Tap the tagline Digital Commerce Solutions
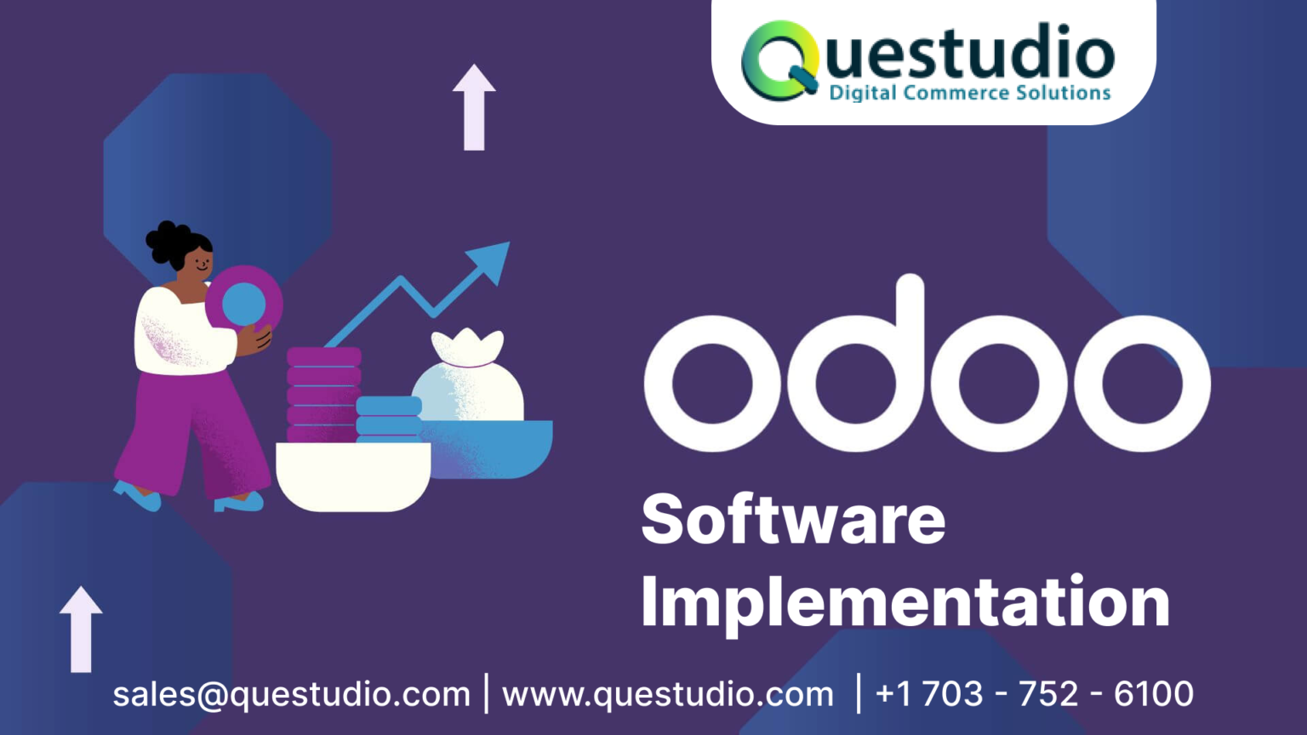[970, 93]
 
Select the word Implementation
[905, 602]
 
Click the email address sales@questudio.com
[291, 694]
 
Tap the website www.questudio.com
[668, 694]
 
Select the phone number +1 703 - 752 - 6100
[1034, 694]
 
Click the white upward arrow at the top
[474, 106]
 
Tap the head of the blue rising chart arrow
[491, 259]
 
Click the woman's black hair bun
[166, 242]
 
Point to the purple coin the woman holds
[244, 303]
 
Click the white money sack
[468, 379]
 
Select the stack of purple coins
[323, 393]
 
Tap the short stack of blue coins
[388, 417]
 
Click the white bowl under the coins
[352, 476]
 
